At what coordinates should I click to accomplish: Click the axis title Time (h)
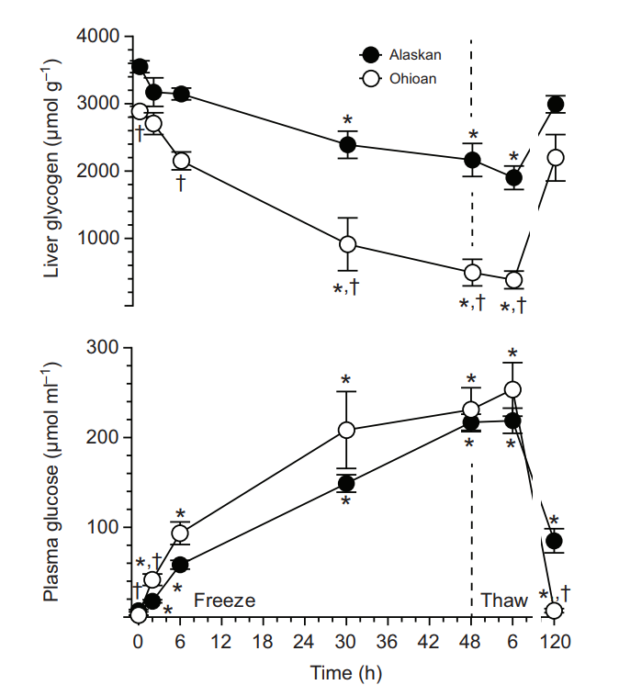[x=345, y=673]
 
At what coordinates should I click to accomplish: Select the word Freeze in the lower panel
[x=224, y=601]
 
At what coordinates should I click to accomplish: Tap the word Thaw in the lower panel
[x=505, y=601]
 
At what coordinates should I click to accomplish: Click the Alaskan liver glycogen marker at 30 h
[x=348, y=144]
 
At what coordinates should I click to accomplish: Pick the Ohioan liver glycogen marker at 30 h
[x=348, y=244]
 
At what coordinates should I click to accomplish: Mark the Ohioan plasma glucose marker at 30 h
[x=346, y=430]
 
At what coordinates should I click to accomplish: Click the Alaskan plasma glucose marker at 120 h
[x=555, y=541]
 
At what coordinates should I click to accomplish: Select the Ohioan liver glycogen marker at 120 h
[x=555, y=158]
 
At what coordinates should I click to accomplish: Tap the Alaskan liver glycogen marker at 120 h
[x=555, y=104]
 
